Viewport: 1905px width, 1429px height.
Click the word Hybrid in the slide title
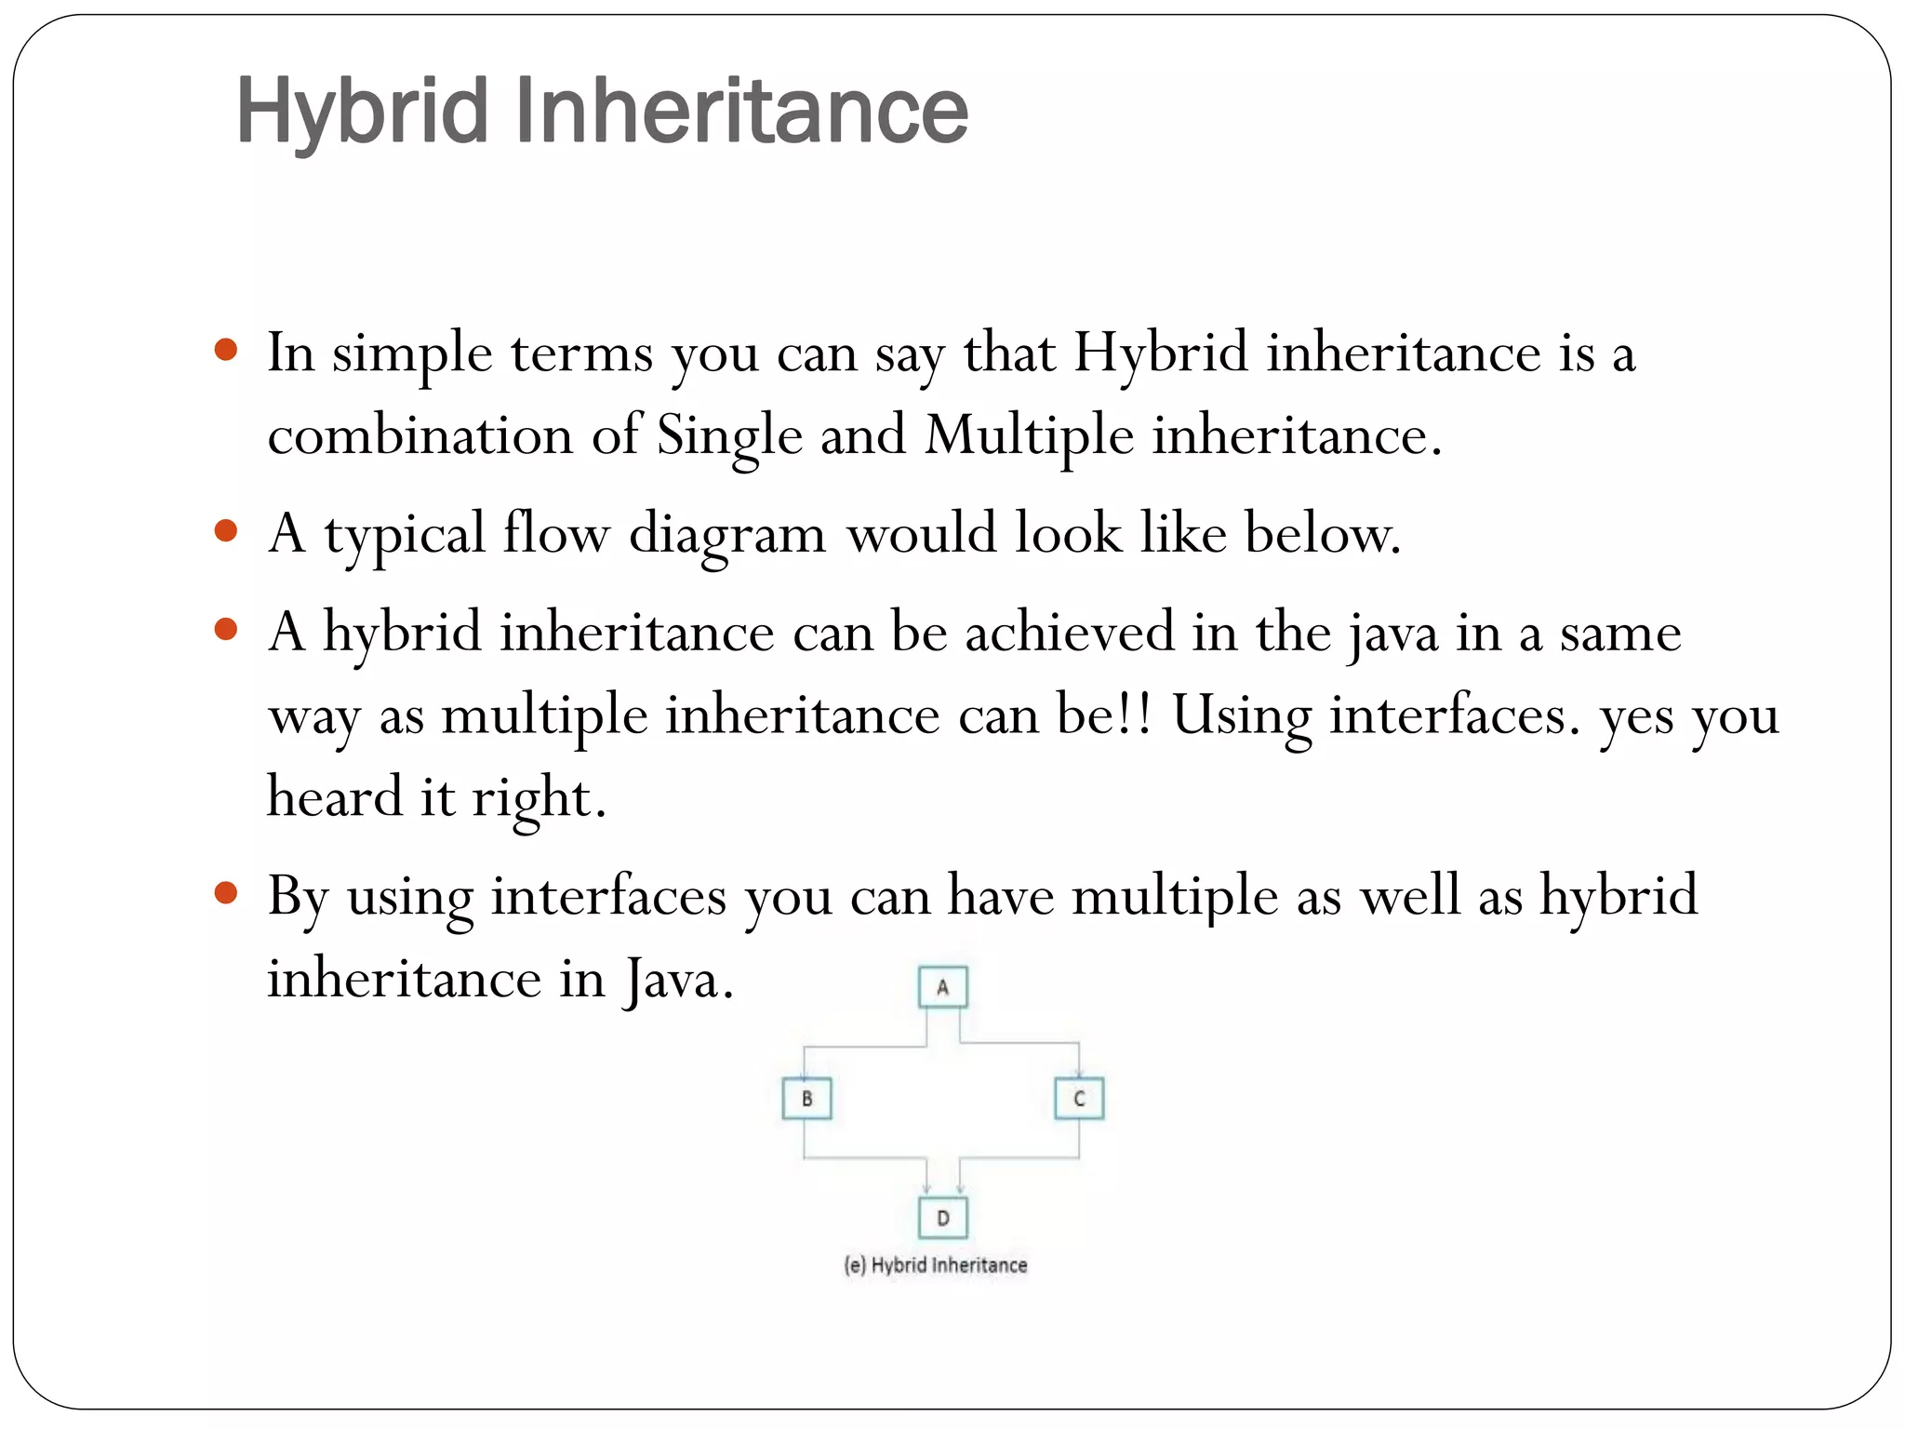pos(362,112)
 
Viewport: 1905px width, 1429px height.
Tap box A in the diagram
pos(942,987)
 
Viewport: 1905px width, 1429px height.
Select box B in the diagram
pos(806,1099)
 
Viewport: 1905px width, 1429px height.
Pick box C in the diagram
pos(1079,1099)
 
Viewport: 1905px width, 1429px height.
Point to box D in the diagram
pos(942,1218)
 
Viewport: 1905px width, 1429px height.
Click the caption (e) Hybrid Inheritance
pos(936,1265)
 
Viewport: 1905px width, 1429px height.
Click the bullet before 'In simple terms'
pos(226,351)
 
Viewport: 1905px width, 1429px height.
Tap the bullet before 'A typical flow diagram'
pos(226,531)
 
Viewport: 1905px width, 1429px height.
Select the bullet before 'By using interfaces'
pos(226,893)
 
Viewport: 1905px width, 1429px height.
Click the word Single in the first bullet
pos(729,435)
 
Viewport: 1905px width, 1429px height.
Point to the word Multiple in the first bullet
pos(1029,435)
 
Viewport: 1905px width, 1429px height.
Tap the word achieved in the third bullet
pos(1070,633)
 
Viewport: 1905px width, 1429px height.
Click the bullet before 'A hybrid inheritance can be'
pos(226,630)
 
